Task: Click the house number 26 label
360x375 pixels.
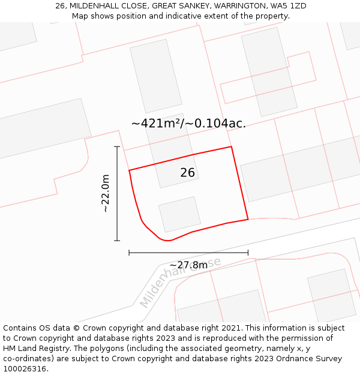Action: coord(188,173)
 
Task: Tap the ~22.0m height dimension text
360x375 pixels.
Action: coord(106,193)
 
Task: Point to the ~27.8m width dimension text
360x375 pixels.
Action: coord(188,265)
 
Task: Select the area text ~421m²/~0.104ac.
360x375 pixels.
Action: coord(188,124)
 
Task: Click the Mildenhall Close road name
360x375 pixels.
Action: coord(180,282)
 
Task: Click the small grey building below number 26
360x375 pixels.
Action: coord(179,214)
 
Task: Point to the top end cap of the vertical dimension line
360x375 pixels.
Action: coord(117,146)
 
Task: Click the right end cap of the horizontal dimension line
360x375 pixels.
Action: coord(248,253)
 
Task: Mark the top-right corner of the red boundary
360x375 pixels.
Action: coord(231,146)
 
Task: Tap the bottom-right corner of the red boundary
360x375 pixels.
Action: coord(248,219)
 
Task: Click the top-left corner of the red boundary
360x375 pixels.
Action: coord(129,170)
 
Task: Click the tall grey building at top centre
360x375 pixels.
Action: coord(156,76)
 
